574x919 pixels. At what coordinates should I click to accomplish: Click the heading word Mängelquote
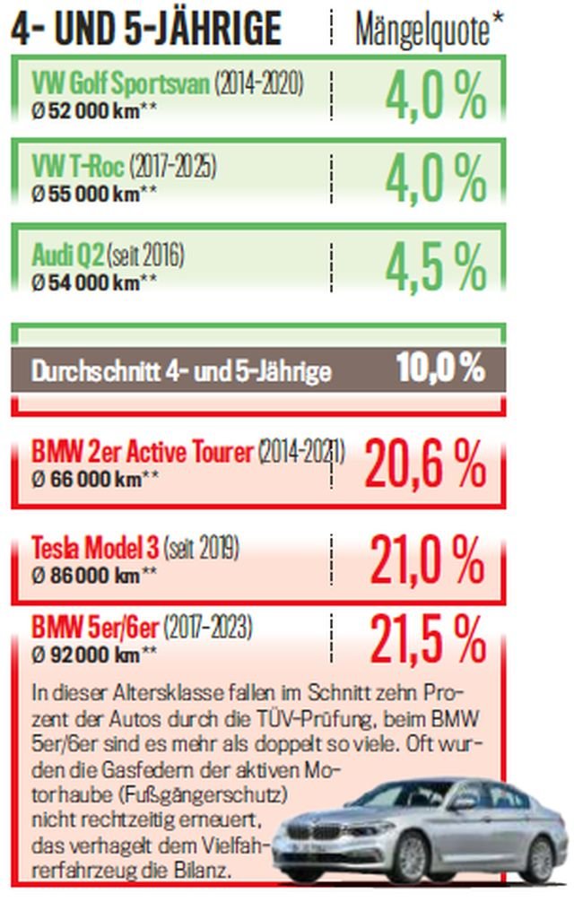(422, 30)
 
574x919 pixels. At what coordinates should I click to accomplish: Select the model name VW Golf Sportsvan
(121, 84)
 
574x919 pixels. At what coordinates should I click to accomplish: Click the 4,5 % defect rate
(437, 266)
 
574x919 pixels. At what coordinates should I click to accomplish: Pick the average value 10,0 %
(440, 368)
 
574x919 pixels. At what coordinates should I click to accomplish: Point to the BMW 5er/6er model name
(97, 625)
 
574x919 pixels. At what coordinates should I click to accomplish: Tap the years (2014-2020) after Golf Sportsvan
(259, 84)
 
